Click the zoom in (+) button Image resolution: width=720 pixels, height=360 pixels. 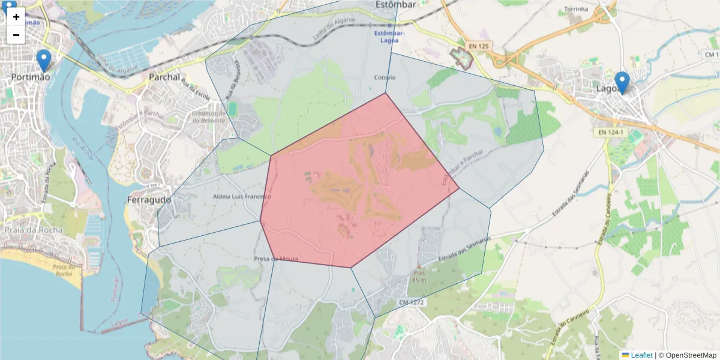coord(16,17)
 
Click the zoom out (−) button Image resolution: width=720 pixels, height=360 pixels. coord(16,35)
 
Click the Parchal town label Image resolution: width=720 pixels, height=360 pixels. coord(164,77)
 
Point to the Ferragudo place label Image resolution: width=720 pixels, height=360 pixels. coord(149,199)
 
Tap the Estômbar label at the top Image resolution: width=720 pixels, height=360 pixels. coord(395,5)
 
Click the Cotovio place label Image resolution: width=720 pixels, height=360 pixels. coord(385,77)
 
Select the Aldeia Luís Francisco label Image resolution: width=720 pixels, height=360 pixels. coord(242,196)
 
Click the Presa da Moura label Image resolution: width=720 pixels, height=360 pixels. coord(276,259)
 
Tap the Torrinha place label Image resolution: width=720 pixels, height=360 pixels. coord(577,10)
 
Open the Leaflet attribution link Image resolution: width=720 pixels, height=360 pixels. coord(641,355)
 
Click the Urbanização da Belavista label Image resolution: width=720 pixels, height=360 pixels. coord(208,117)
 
